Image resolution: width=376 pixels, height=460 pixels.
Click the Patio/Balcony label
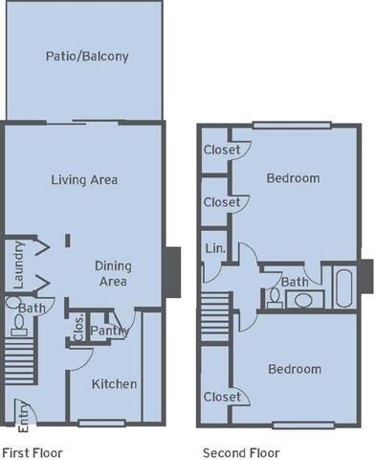click(x=87, y=57)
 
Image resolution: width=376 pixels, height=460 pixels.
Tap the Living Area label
click(x=84, y=179)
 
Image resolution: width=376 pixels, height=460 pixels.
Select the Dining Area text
click(x=114, y=273)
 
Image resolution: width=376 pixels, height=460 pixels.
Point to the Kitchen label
click(x=114, y=384)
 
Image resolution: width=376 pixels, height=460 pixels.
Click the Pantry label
click(x=104, y=332)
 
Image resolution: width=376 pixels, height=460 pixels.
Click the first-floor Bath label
click(x=32, y=309)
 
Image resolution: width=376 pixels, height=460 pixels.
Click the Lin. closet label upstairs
click(x=214, y=249)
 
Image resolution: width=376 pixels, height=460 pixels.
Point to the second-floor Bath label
click(x=295, y=282)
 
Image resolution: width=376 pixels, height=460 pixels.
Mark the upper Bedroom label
click(x=293, y=178)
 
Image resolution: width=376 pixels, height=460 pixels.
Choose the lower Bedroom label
click(x=294, y=369)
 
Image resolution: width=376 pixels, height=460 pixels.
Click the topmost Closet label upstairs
click(x=221, y=149)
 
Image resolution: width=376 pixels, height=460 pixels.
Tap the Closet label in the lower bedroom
click(x=221, y=397)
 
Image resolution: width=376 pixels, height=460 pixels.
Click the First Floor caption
click(x=32, y=449)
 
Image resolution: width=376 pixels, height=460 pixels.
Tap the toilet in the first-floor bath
click(x=12, y=305)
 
